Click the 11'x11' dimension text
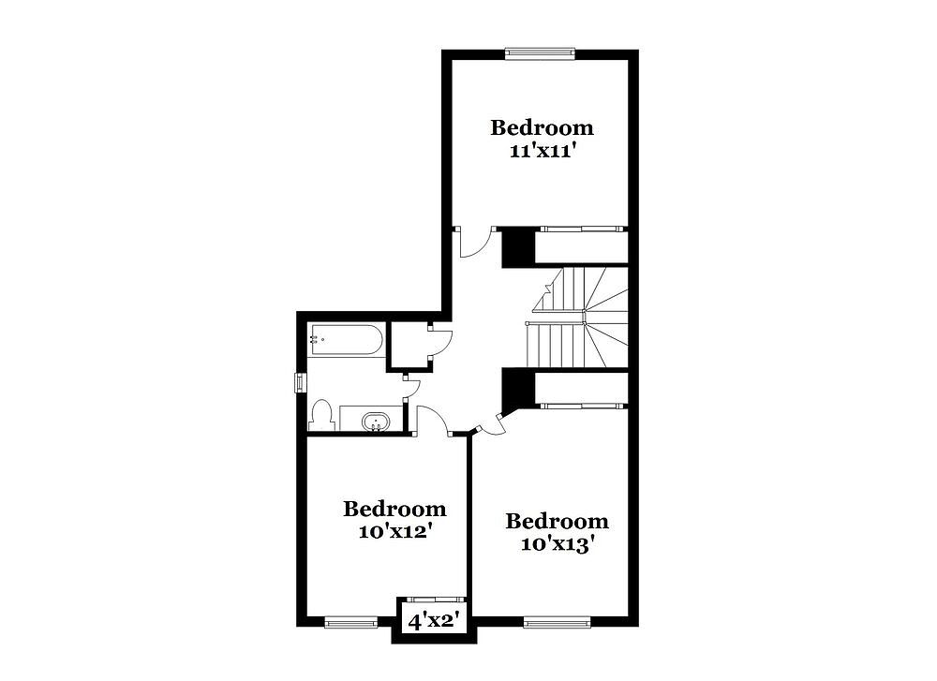pos(543,150)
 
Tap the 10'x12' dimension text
pos(395,531)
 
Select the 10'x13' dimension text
pos(558,543)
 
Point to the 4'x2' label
pos(437,622)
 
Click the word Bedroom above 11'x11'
pos(542,127)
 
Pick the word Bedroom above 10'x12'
pos(394,509)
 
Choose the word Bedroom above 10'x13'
pos(557,521)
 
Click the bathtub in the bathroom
pos(345,340)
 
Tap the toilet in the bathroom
pos(320,415)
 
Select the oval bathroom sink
pos(376,422)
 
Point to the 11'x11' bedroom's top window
pos(540,53)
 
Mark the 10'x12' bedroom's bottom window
pos(351,623)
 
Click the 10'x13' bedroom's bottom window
pos(557,623)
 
